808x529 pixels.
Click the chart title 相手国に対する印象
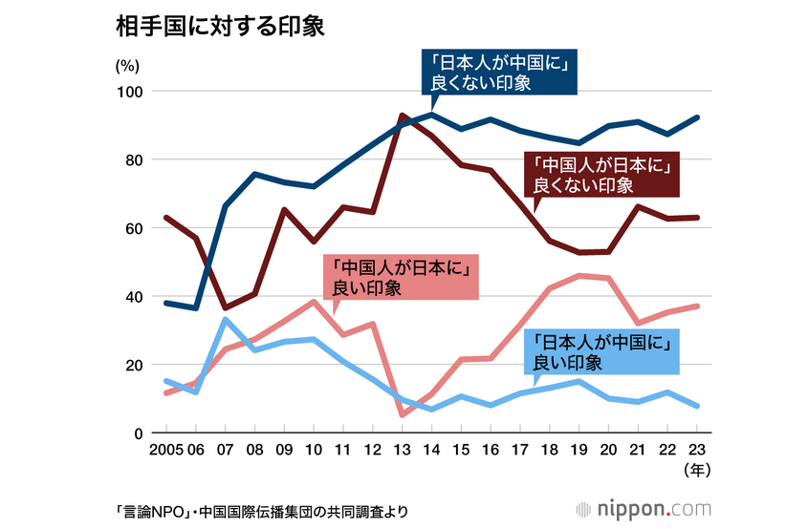pyautogui.click(x=219, y=27)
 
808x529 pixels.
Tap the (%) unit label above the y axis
pyautogui.click(x=127, y=67)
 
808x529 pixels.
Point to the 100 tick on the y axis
pyautogui.click(x=129, y=92)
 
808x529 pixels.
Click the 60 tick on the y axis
pyautogui.click(x=133, y=228)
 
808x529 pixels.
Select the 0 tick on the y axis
pyautogui.click(x=138, y=434)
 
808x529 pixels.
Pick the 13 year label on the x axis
pyautogui.click(x=403, y=449)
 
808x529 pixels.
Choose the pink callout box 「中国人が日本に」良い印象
pyautogui.click(x=402, y=277)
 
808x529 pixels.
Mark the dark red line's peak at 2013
pyautogui.click(x=403, y=116)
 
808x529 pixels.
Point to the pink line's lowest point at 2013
pyautogui.click(x=403, y=414)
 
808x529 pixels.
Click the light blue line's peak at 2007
pyautogui.click(x=225, y=319)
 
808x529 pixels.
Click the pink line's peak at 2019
pyautogui.click(x=580, y=275)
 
